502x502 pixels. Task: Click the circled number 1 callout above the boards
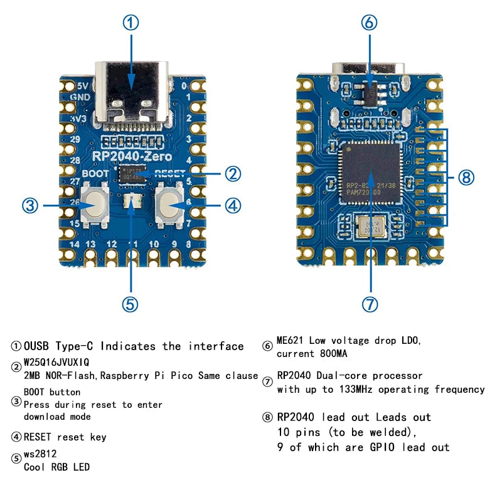coord(130,23)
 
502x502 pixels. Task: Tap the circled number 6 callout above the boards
coord(370,23)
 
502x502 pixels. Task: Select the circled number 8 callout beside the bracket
coord(465,178)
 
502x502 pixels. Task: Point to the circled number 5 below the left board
coord(130,304)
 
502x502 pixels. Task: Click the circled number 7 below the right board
coord(370,304)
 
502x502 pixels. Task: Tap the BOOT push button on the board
coord(95,204)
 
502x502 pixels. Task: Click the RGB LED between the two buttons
coord(132,202)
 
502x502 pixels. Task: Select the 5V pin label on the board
coord(82,86)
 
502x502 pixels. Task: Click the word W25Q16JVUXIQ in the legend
coord(56,363)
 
